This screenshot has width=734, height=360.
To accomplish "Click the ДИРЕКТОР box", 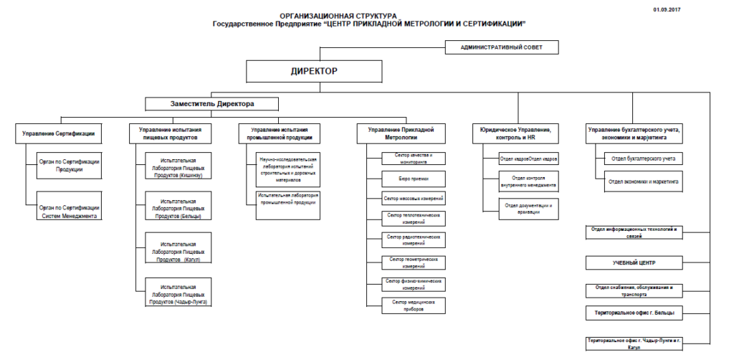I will (313, 72).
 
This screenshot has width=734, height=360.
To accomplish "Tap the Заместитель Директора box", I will (211, 104).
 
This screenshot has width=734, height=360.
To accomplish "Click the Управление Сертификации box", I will (59, 133).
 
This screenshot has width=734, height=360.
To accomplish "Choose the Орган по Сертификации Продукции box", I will (70, 166).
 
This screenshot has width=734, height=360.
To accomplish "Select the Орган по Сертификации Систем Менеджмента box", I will (70, 211).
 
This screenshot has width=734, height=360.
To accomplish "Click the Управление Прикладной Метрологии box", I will (401, 133).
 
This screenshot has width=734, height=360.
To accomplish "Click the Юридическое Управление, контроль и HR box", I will (515, 133).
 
